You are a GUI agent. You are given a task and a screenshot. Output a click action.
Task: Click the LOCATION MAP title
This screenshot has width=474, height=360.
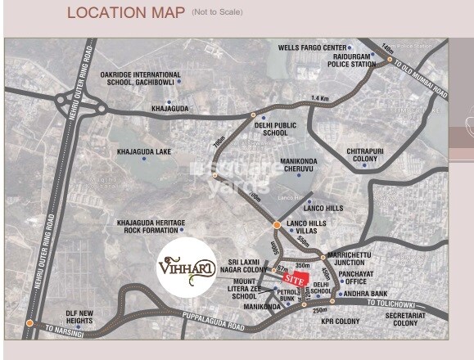tap(126, 13)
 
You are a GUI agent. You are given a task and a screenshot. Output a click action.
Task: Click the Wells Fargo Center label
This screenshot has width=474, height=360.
tap(313, 48)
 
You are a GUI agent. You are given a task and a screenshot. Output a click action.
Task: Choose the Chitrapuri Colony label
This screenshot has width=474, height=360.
tap(369, 155)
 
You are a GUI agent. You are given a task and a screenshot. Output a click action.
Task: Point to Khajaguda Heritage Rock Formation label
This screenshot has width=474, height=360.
tap(151, 227)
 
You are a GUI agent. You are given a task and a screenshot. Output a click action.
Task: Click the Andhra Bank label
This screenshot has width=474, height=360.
tap(368, 294)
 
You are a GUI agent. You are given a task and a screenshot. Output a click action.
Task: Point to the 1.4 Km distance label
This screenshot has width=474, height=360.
tap(320, 99)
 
